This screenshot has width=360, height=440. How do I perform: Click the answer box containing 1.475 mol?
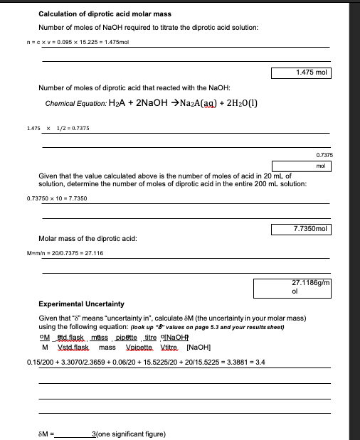tap(301, 73)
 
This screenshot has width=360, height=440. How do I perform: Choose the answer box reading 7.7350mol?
tap(301, 229)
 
